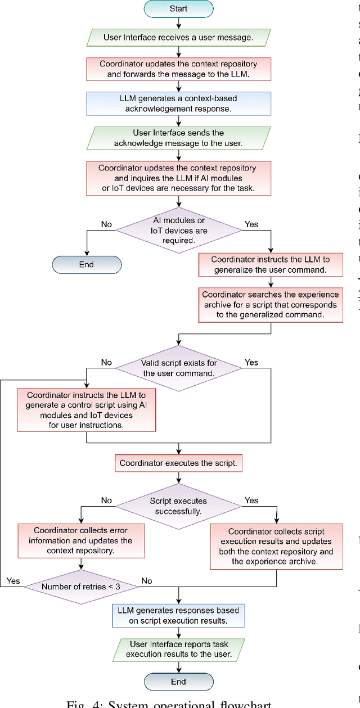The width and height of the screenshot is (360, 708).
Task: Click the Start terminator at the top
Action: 178,9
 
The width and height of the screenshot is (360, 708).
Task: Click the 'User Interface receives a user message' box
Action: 178,38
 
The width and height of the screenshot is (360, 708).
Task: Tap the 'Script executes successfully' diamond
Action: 178,506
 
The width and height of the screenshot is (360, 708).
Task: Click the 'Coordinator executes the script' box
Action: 178,464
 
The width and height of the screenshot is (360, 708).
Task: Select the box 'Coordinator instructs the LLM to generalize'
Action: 271,264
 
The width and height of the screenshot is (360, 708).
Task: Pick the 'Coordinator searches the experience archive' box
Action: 271,305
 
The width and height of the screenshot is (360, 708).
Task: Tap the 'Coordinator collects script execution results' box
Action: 276,546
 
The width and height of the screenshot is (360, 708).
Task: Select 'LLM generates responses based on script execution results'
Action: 178,616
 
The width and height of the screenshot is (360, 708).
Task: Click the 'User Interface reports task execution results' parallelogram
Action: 178,649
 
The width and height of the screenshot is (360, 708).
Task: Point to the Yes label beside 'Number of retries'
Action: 13,580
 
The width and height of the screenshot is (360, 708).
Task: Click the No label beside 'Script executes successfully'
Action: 106,500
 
